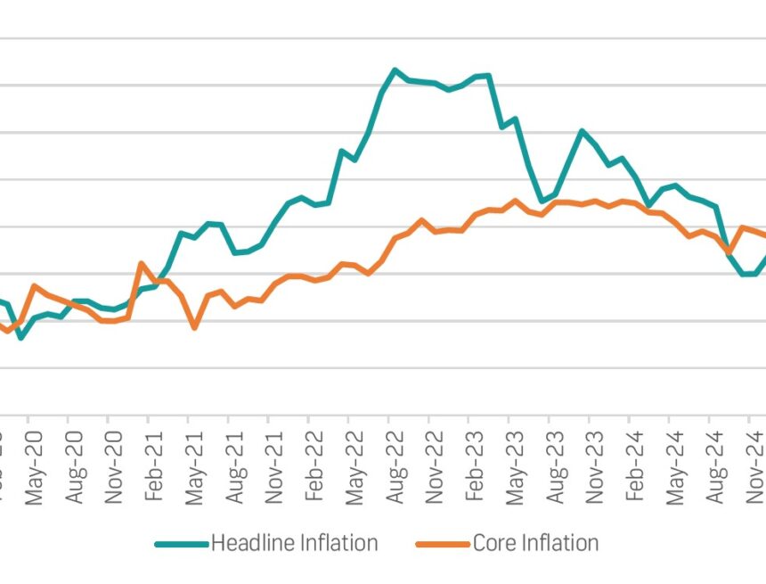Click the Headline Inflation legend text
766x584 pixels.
(x=294, y=543)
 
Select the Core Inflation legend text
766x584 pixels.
(x=535, y=543)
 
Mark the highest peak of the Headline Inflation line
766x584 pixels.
(x=395, y=70)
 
